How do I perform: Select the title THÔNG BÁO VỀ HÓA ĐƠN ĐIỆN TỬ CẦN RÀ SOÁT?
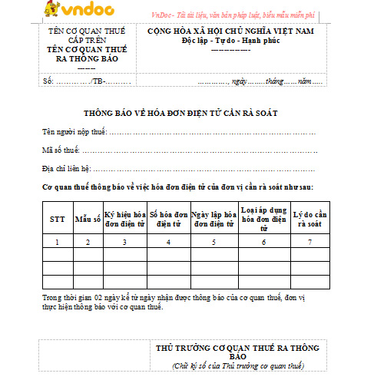coord(186,113)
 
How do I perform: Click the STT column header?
coord(58,219)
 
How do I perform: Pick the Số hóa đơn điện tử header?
coord(168,219)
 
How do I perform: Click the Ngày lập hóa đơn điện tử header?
coord(213,219)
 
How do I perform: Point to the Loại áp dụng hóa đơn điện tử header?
coord(263,219)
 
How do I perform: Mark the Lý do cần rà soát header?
coord(310,219)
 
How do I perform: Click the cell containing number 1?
coord(58,242)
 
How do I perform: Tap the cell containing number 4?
coord(168,242)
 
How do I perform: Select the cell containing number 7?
coord(310,242)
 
